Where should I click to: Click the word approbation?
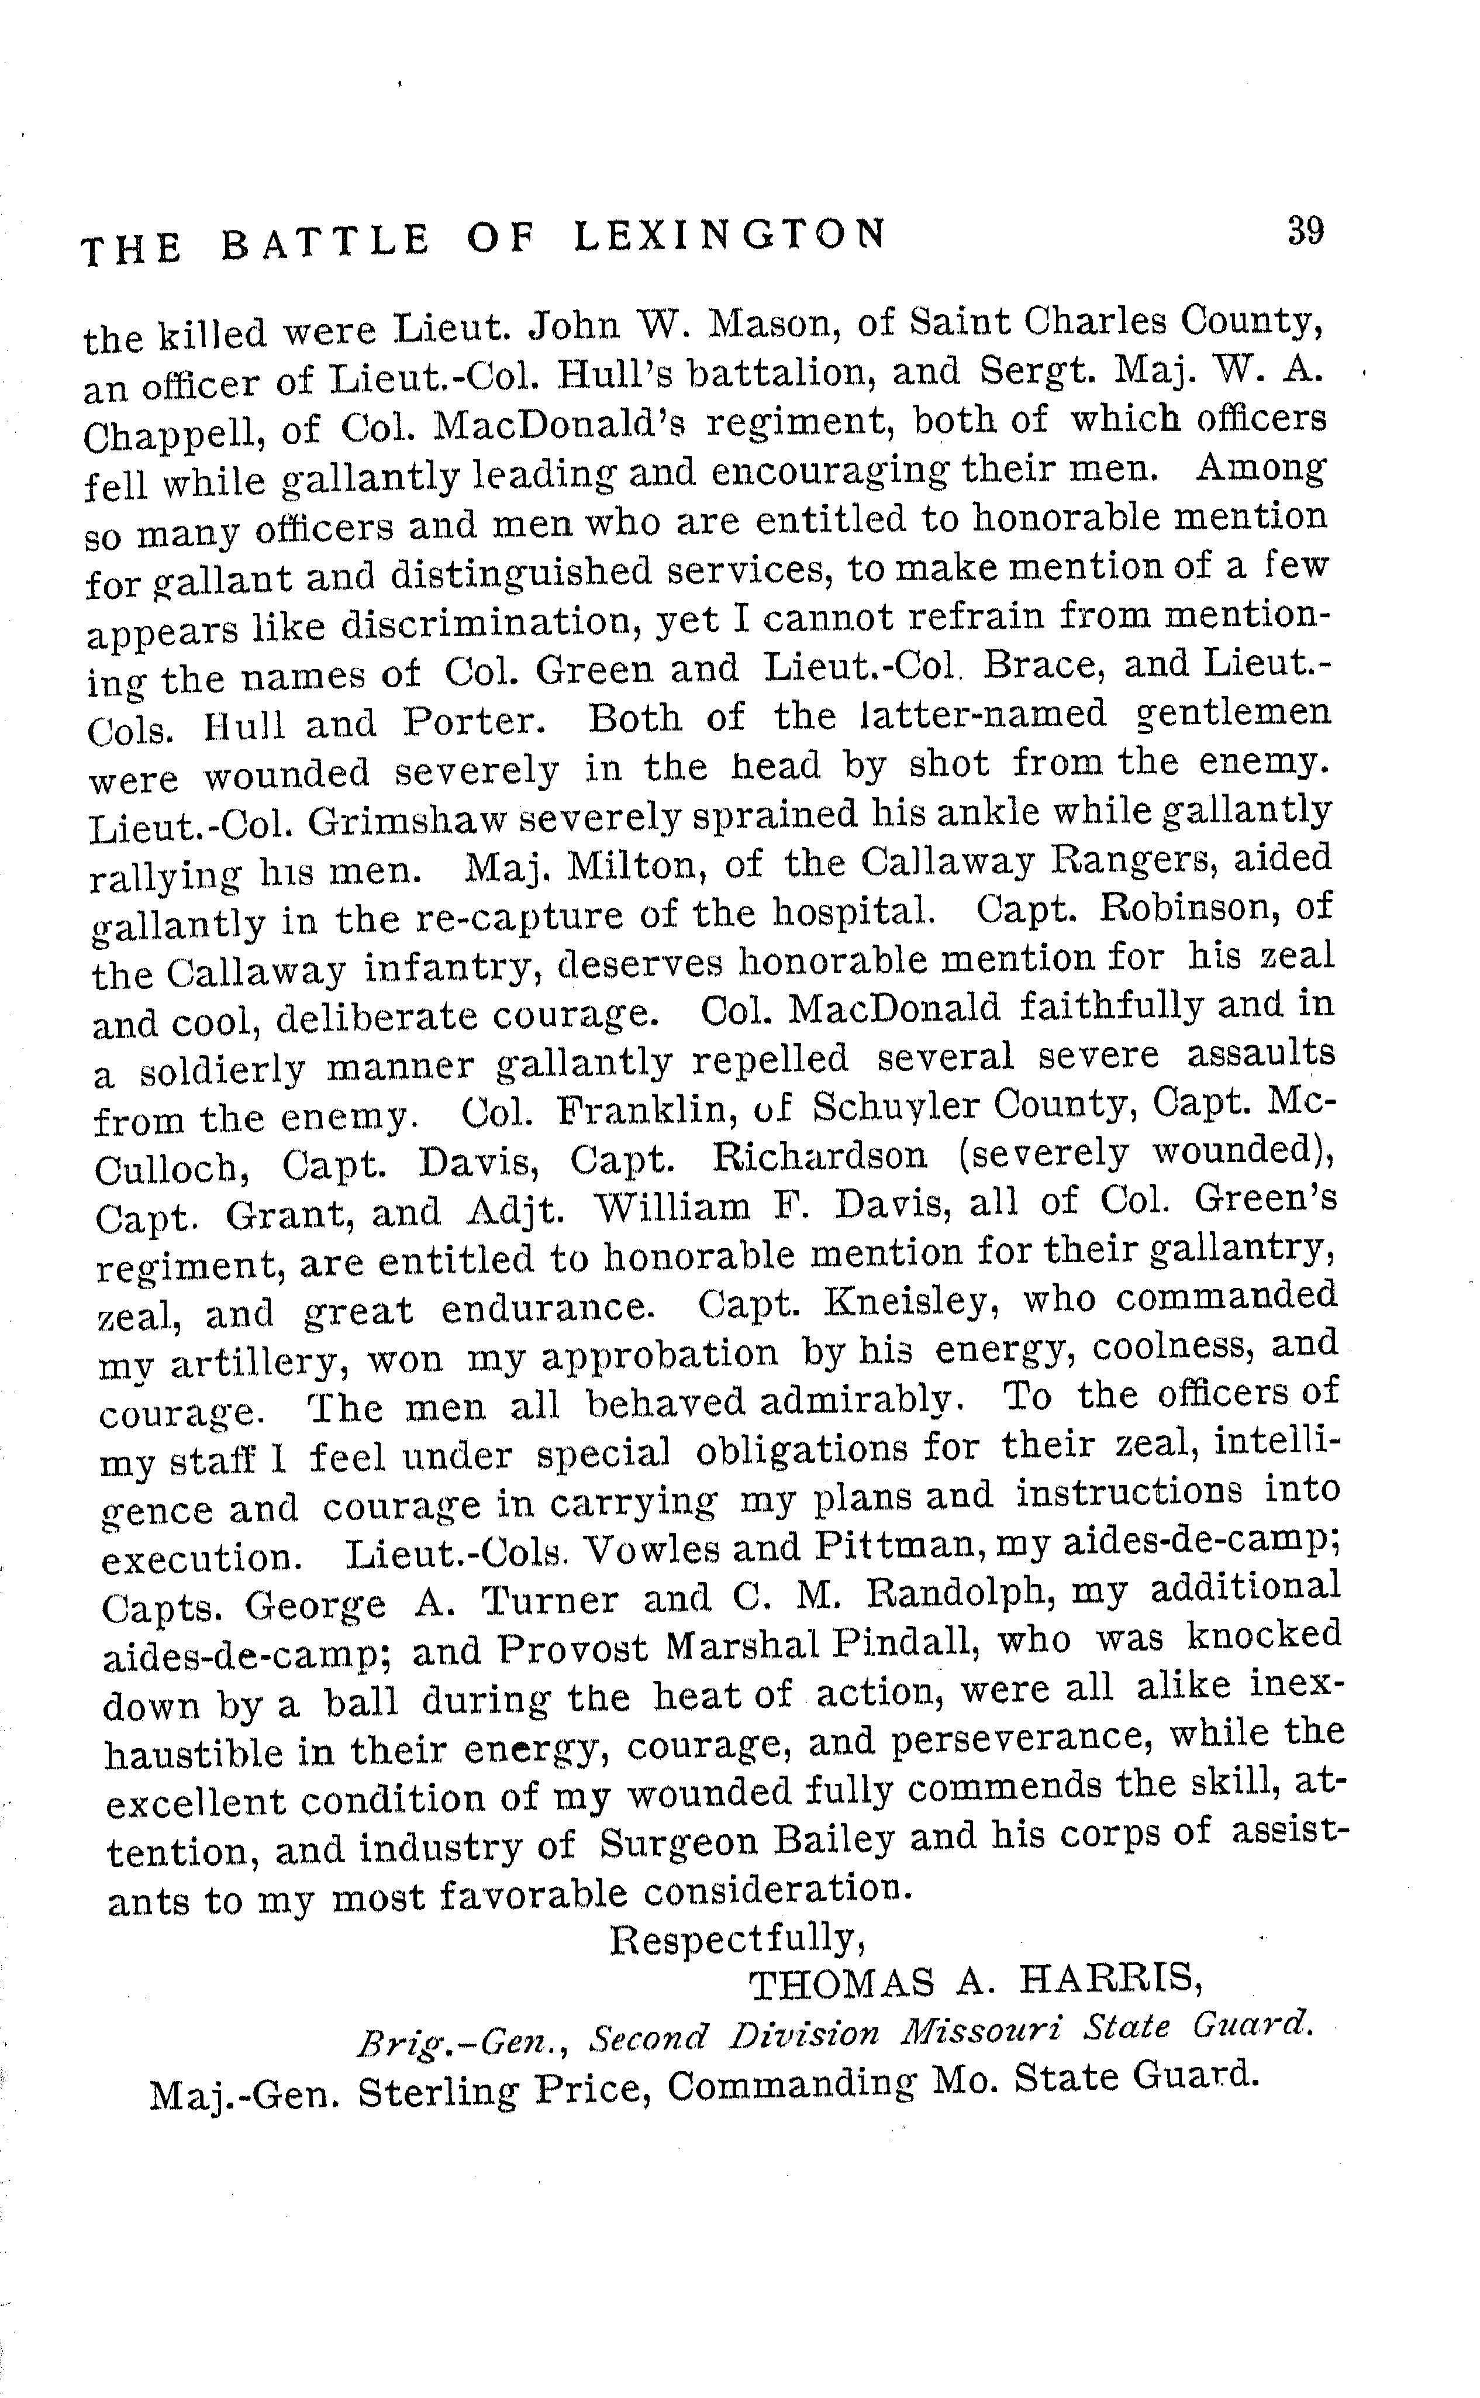tap(660, 1353)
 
